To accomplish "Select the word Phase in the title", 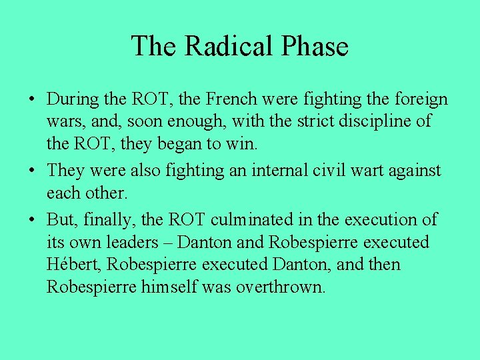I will (315, 46).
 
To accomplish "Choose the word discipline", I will (377, 122).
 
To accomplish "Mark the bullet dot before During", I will (31, 100).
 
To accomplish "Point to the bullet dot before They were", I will (31, 171).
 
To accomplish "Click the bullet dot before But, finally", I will (31, 219).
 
